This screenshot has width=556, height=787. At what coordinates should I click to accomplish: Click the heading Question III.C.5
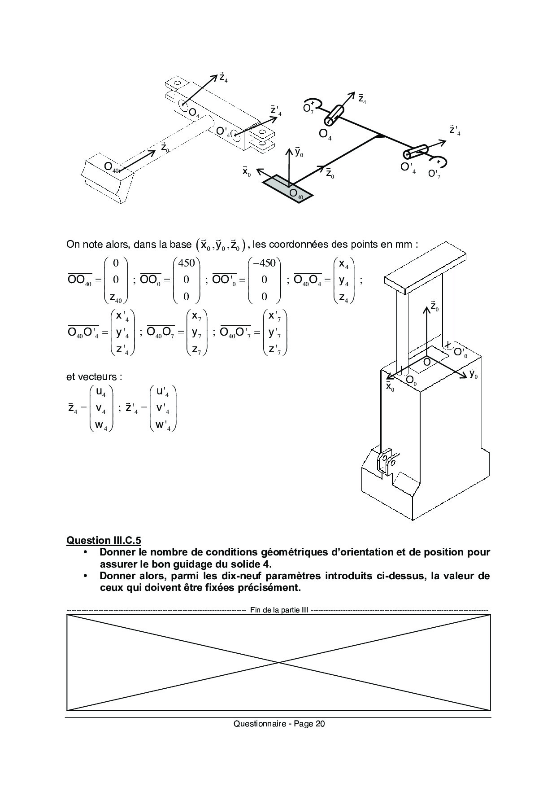click(104, 540)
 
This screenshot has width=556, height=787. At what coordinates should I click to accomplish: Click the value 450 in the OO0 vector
click(186, 263)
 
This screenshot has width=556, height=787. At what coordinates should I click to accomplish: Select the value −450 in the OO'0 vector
click(264, 263)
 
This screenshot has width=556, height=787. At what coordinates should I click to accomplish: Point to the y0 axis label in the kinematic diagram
click(299, 153)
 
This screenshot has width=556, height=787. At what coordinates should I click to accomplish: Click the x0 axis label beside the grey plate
click(246, 171)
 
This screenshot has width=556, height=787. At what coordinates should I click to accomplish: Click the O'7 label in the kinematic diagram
click(434, 174)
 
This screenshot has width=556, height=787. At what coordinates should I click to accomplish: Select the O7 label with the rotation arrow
click(308, 109)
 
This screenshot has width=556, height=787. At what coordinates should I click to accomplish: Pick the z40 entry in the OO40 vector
click(115, 297)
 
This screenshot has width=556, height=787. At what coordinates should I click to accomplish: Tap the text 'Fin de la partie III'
click(278, 610)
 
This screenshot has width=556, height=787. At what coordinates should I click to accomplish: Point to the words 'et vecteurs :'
click(94, 376)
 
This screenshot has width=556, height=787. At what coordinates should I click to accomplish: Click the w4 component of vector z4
click(101, 425)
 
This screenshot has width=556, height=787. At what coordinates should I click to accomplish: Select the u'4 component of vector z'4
click(163, 392)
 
